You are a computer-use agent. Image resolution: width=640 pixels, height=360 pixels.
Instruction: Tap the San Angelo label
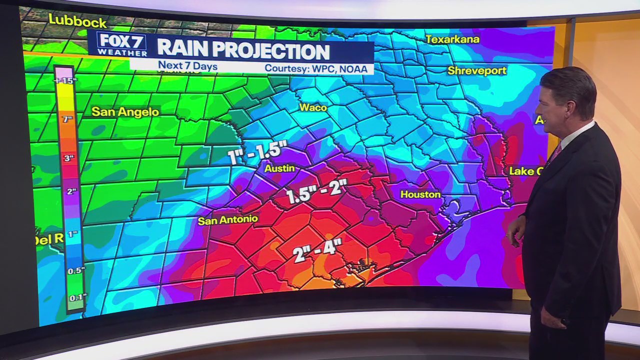(x=125, y=112)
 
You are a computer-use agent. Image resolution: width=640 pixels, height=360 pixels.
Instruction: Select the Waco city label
(x=313, y=107)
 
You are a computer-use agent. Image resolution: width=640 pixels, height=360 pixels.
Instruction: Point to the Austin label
(x=279, y=168)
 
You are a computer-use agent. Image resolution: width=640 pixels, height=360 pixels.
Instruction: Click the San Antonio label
(x=228, y=219)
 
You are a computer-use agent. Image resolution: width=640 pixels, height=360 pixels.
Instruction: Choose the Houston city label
(x=420, y=194)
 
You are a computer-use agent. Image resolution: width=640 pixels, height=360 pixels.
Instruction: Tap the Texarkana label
(x=452, y=39)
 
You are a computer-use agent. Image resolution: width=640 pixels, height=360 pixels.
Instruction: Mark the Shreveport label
(x=477, y=70)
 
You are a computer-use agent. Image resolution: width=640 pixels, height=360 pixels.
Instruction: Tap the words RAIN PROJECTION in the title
(x=243, y=51)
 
